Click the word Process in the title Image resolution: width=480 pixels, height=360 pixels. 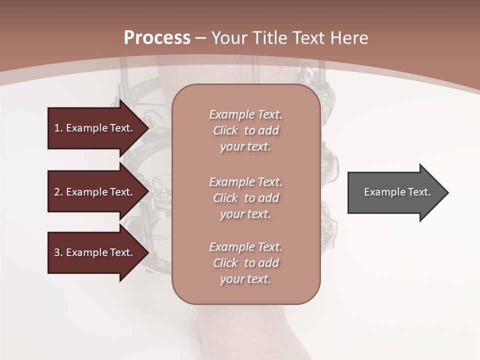pyautogui.click(x=157, y=38)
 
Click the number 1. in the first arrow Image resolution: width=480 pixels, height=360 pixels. pyautogui.click(x=58, y=128)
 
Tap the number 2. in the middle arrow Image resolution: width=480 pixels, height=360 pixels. pyautogui.click(x=58, y=192)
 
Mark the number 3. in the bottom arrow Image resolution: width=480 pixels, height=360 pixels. pyautogui.click(x=58, y=252)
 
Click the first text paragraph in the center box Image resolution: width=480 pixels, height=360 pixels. pyautogui.click(x=245, y=130)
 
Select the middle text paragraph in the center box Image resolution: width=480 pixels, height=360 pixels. pyautogui.click(x=245, y=198)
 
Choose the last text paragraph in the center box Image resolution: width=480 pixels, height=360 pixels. pyautogui.click(x=245, y=263)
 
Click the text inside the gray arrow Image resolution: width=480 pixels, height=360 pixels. pyautogui.click(x=397, y=192)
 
